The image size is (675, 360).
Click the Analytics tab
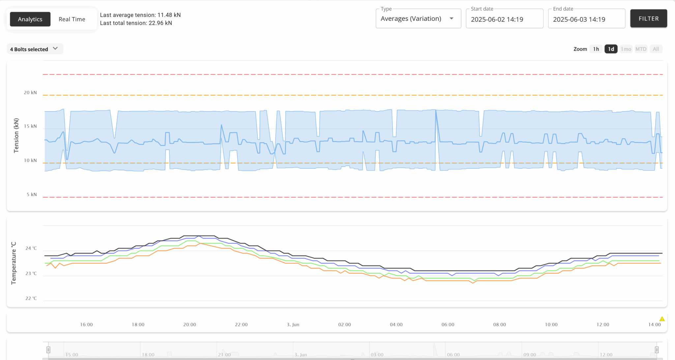coord(30,19)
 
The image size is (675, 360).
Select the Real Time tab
coord(72,19)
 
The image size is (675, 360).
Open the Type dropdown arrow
coord(452,18)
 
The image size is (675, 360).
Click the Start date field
coord(504,19)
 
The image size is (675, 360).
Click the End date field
coord(586,19)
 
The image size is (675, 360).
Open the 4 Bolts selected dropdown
coord(34,49)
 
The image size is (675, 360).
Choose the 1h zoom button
coord(596,49)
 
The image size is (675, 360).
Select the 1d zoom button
coord(611,49)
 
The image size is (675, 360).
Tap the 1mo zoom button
coord(626,49)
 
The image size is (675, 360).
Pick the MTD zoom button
coord(641,49)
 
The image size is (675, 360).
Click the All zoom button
coord(656,49)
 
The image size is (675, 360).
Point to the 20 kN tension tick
coord(30,93)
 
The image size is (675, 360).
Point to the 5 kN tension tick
coord(32,195)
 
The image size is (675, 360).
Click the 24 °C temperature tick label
coord(31,248)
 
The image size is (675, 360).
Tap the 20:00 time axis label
coord(190,325)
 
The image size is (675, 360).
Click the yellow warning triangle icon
coord(662,319)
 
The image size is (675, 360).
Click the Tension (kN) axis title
coord(16,135)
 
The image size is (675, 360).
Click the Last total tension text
coord(136,23)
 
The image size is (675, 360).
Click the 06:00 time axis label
coord(448,325)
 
